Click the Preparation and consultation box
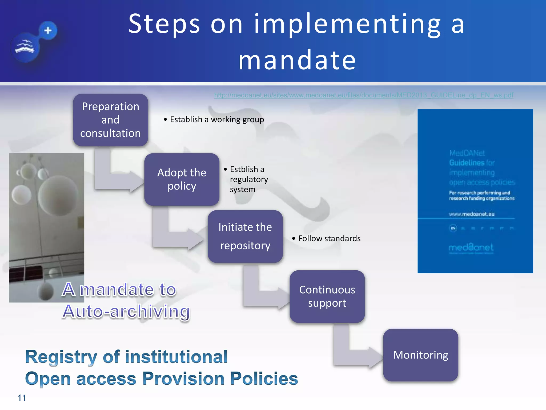click(x=110, y=120)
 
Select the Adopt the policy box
click(x=182, y=179)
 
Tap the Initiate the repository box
click(x=245, y=236)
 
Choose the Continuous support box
click(x=327, y=297)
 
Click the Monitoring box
click(x=420, y=355)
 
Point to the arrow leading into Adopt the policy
click(x=120, y=182)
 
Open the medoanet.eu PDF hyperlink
click(x=364, y=95)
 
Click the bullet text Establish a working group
click(x=217, y=120)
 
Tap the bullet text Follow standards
click(x=329, y=238)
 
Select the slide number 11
click(x=22, y=398)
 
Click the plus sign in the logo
click(x=48, y=30)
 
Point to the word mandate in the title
click(x=297, y=60)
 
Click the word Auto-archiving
click(x=126, y=311)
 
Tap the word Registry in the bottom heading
click(x=61, y=357)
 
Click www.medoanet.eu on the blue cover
click(x=472, y=214)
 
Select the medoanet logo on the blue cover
click(x=471, y=247)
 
